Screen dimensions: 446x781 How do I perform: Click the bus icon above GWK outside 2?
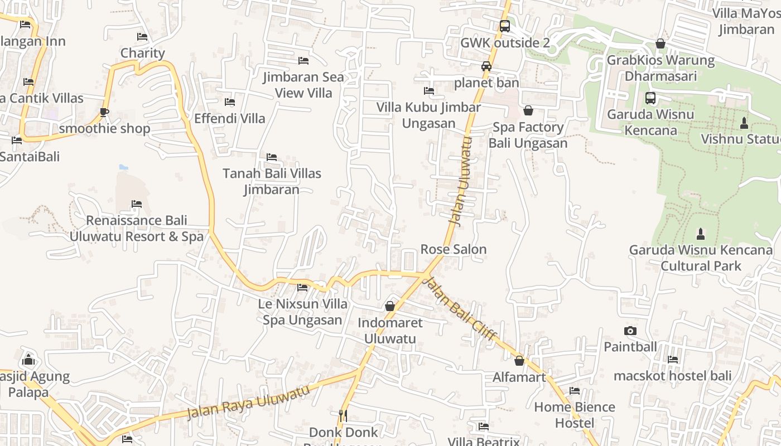tap(504, 26)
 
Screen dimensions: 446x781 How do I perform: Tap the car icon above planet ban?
tap(486, 66)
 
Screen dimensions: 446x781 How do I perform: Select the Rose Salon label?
tap(454, 249)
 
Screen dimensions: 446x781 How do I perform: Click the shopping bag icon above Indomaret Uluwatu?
tap(390, 306)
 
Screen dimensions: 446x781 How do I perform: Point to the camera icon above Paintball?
tap(630, 331)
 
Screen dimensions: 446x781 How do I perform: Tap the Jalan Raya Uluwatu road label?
tap(248, 402)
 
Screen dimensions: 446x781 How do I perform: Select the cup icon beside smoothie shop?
tap(104, 112)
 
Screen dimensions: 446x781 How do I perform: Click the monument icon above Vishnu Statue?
tap(744, 123)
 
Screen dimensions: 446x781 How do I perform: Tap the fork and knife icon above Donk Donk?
tap(343, 415)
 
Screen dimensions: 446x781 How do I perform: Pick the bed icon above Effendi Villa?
tap(229, 102)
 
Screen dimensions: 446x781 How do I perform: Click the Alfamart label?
tap(519, 377)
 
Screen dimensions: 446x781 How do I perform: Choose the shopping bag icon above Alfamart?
tap(519, 361)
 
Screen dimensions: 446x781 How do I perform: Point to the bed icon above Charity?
tap(142, 37)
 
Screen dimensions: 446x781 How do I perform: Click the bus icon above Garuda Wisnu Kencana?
tap(650, 98)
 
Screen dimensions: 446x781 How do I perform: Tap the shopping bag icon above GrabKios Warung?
tap(661, 43)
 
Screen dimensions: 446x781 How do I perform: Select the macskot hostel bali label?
tap(672, 376)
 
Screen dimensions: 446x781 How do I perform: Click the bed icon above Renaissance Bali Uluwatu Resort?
tap(137, 204)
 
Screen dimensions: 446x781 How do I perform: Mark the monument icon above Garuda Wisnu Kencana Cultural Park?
tap(701, 234)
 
